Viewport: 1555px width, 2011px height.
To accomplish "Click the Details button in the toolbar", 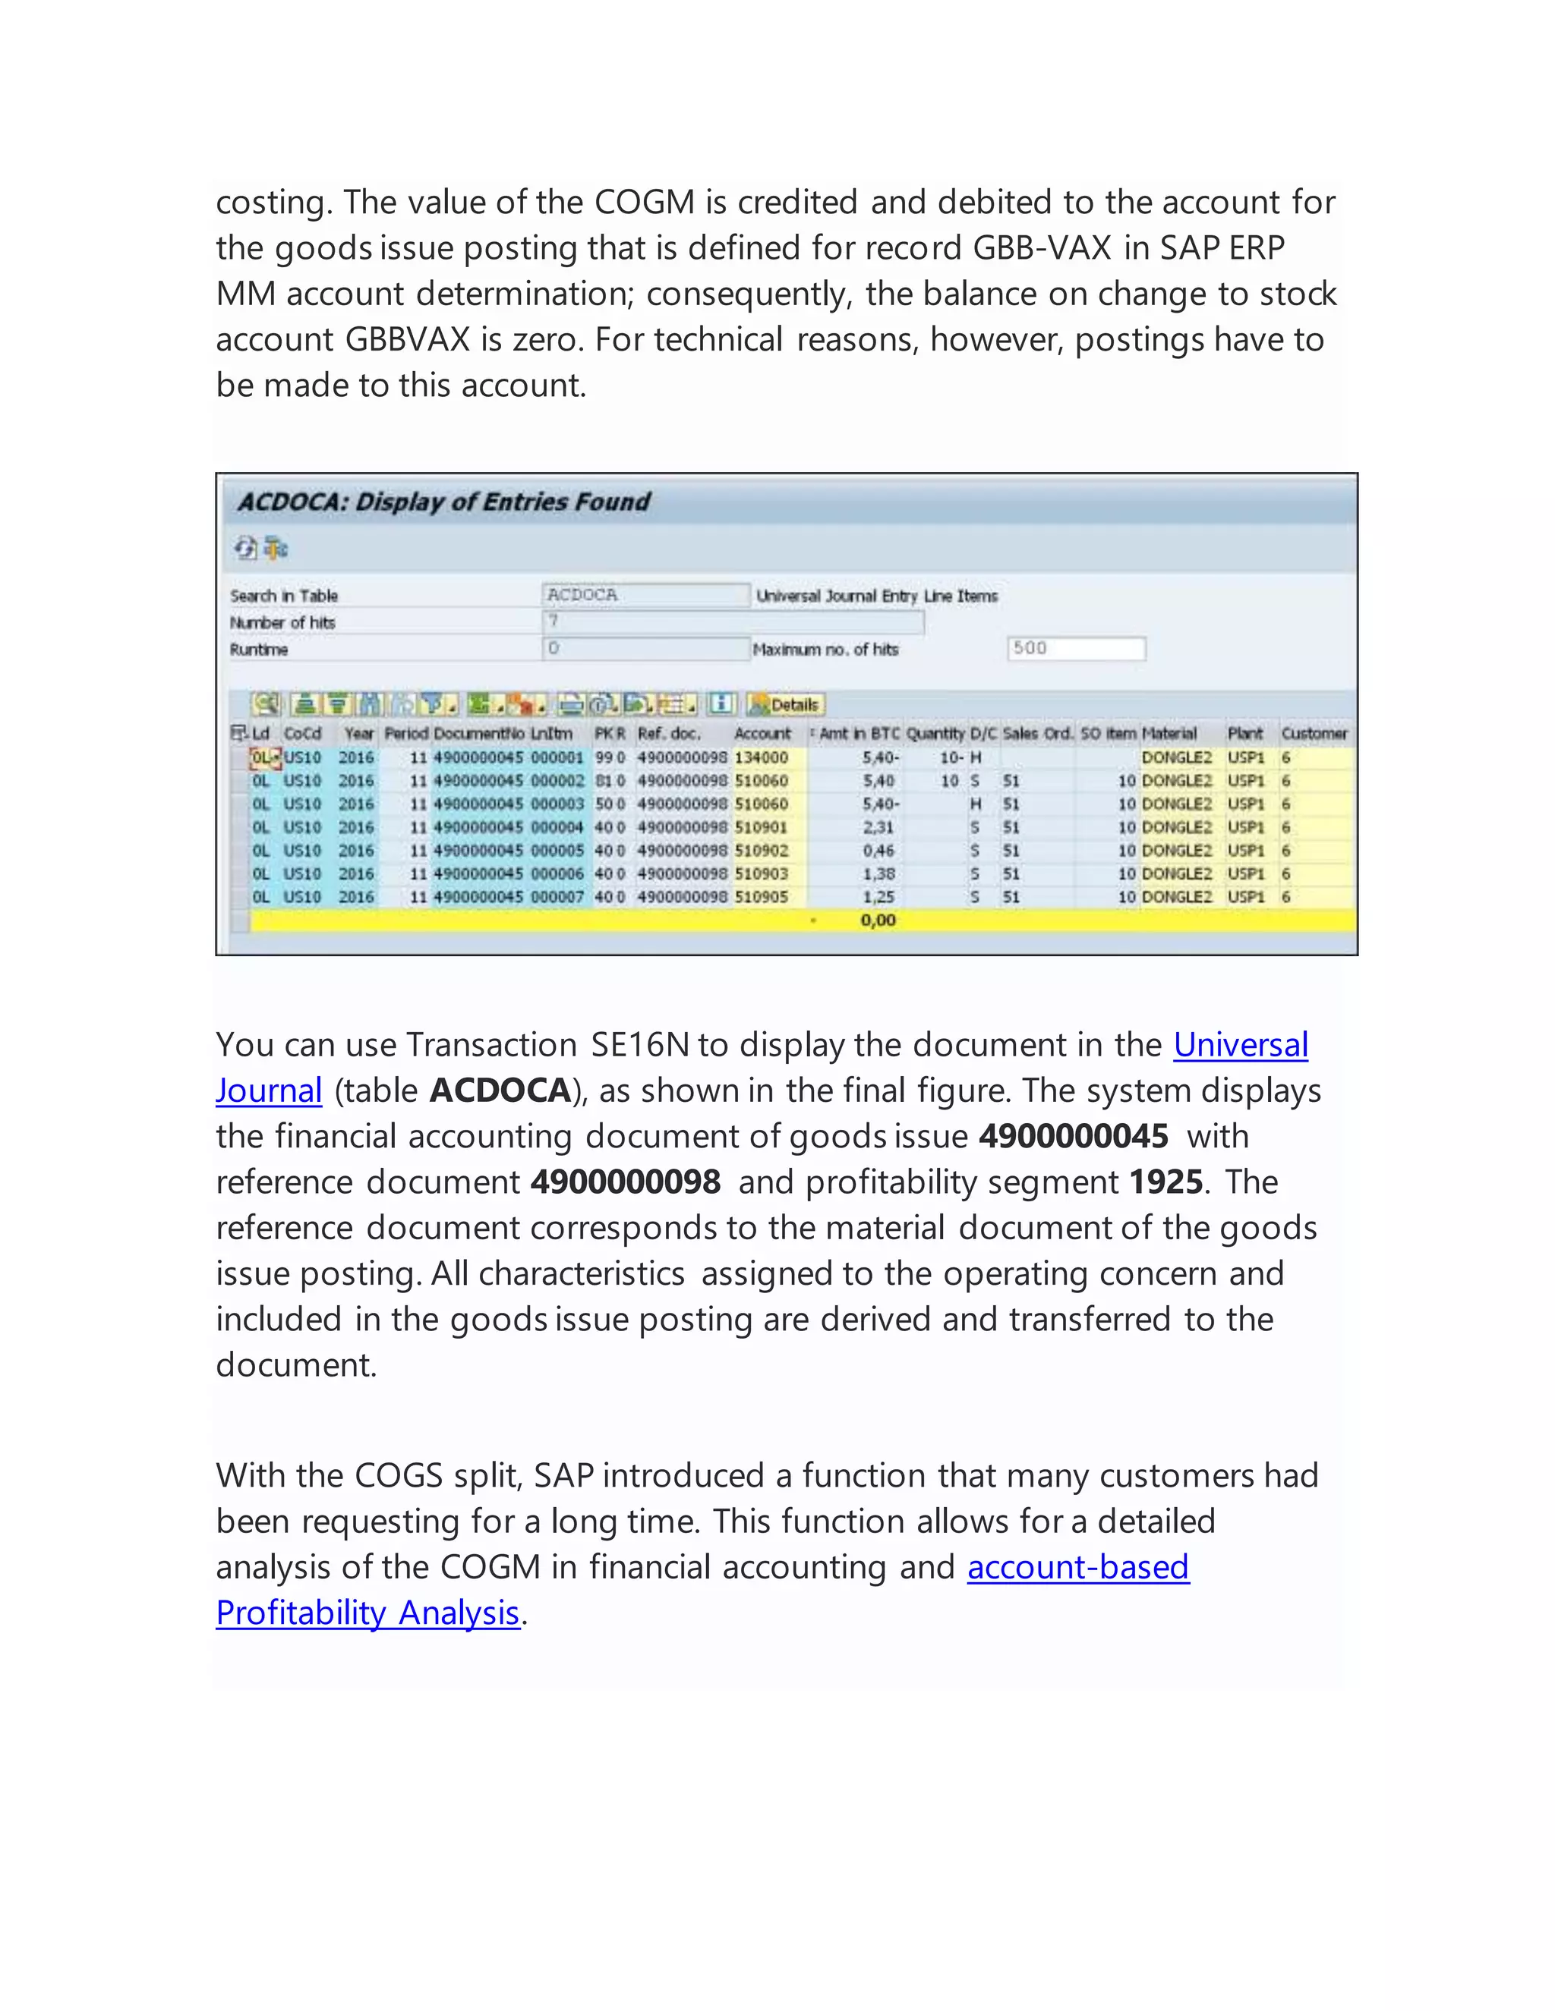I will click(786, 704).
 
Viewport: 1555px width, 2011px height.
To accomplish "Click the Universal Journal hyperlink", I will click(1240, 1045).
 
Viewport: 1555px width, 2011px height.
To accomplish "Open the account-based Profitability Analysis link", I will click(1078, 1567).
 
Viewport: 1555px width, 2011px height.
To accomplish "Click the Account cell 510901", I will click(761, 828).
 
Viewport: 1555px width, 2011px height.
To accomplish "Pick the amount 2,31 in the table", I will click(878, 828).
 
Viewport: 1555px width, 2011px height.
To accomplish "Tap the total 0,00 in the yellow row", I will click(878, 920).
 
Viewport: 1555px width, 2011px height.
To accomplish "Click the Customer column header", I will click(1314, 734).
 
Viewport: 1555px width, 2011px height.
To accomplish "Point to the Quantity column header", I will click(935, 734).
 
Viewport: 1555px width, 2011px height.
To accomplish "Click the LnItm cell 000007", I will click(557, 897).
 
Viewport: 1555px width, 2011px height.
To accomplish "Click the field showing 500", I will click(1076, 648).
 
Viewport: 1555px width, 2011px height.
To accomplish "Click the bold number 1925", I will click(1166, 1182).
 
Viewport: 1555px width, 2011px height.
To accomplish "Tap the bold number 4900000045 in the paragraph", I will click(1073, 1136).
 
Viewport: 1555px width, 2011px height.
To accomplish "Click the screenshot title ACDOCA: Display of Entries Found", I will click(444, 502).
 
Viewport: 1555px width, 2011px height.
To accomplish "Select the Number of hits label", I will click(282, 622).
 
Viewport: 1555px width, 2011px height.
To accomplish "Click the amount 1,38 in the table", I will click(878, 873).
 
